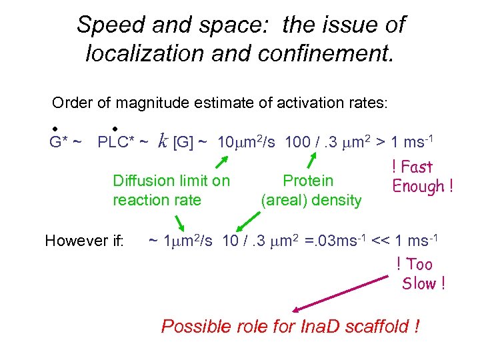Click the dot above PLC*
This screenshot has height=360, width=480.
(x=115, y=128)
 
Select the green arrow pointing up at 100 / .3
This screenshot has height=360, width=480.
(x=311, y=162)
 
